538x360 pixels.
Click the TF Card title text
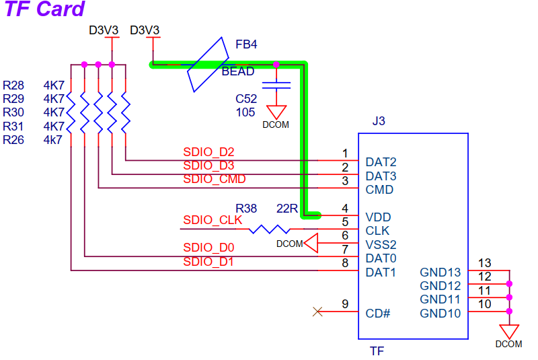click(x=45, y=9)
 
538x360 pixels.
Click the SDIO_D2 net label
click(x=208, y=152)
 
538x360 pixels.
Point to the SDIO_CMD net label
click(x=214, y=180)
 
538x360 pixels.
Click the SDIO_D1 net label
click(x=208, y=262)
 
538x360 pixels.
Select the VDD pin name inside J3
click(x=379, y=217)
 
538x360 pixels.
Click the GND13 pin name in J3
click(x=440, y=273)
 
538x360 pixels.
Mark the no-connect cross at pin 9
click(x=318, y=311)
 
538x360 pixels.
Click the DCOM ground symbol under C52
click(x=276, y=112)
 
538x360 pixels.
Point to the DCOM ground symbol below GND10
click(x=509, y=332)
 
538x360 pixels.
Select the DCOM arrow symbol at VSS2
click(x=310, y=243)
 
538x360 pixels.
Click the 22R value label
click(x=287, y=209)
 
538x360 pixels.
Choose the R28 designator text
click(x=13, y=85)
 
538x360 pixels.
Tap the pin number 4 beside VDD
click(x=345, y=208)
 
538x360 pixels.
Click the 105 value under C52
click(x=245, y=112)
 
